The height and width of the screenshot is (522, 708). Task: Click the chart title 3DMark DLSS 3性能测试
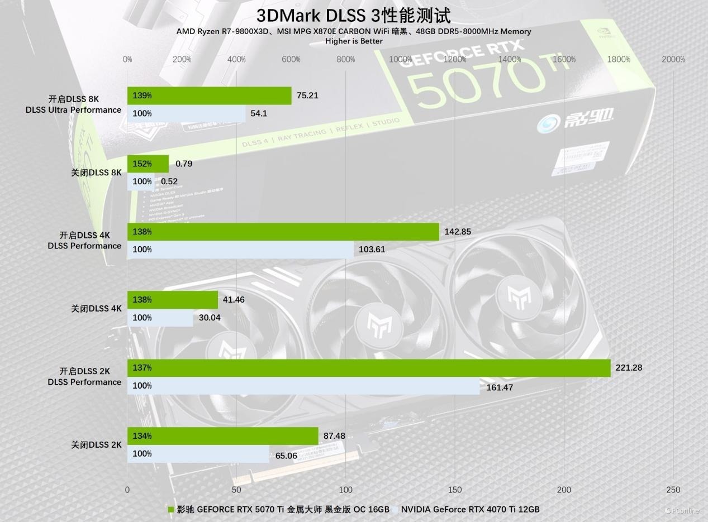click(353, 15)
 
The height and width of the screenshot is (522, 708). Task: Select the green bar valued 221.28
click(369, 368)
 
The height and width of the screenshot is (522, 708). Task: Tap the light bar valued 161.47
click(303, 386)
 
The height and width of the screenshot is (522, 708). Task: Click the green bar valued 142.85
click(283, 232)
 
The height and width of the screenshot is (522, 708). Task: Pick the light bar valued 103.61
click(240, 250)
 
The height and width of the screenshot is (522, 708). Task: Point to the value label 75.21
click(307, 95)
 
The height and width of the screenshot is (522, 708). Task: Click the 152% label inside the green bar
click(142, 164)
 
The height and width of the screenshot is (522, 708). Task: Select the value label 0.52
click(169, 181)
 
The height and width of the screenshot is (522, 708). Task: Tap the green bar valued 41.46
click(173, 300)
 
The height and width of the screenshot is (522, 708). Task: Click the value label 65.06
click(286, 456)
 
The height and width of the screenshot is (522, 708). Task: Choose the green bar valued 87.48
click(223, 436)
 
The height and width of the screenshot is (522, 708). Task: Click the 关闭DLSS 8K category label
click(96, 173)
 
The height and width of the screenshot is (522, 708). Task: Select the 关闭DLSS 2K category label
click(96, 445)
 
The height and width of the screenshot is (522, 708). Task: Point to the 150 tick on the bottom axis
click(455, 490)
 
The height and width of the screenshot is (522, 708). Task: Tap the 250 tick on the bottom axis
click(673, 490)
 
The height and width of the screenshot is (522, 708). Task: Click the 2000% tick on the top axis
click(673, 59)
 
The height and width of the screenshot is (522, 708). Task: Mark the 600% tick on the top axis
click(291, 59)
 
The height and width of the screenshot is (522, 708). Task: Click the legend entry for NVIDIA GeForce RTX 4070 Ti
click(470, 509)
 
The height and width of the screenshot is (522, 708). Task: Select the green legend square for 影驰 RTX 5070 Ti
click(172, 509)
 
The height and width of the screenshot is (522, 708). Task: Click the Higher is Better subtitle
click(354, 41)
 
